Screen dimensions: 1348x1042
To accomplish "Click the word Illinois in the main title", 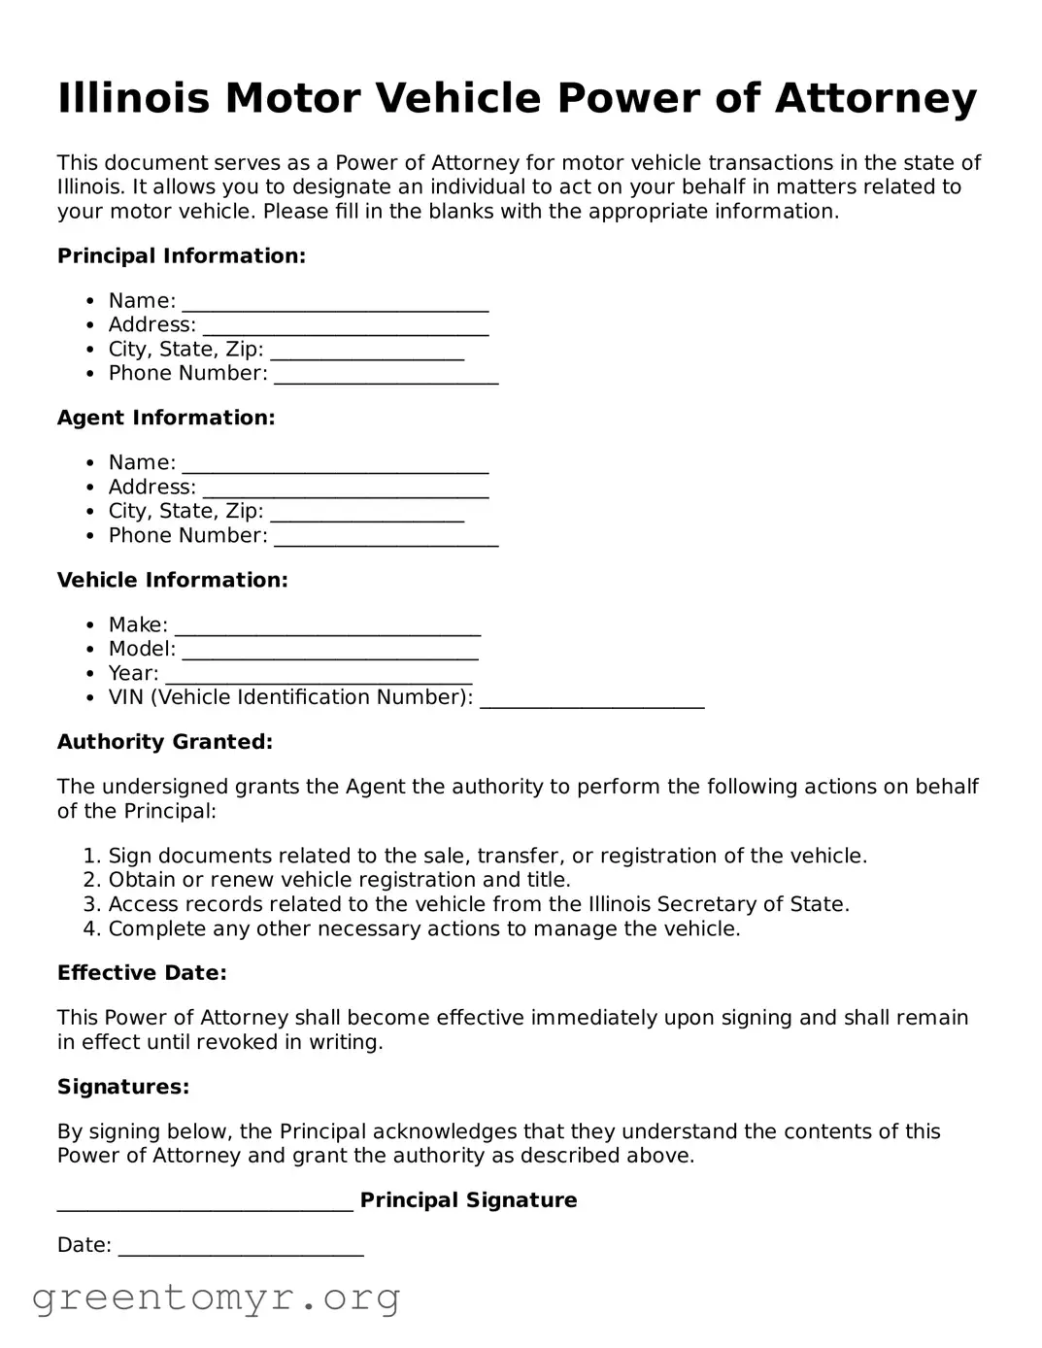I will pos(133,99).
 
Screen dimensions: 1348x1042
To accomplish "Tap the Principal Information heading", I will pos(182,256).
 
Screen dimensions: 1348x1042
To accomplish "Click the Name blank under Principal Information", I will pos(335,303).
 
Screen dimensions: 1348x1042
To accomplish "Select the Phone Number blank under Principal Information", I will pos(386,376).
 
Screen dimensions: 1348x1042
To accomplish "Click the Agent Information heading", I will pos(166,419).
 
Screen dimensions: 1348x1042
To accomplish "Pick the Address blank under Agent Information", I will pos(345,489).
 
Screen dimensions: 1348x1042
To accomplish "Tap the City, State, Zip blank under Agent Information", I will pos(367,514).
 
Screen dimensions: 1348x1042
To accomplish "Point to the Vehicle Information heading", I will pos(173,581).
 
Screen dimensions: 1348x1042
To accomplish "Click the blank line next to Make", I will pos(327,627).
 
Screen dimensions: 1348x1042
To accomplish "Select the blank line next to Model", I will pos(330,652).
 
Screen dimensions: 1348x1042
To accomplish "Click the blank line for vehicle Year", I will pos(319,676).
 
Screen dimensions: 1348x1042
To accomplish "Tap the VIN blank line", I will pos(592,700).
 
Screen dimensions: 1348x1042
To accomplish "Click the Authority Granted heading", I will pos(165,743).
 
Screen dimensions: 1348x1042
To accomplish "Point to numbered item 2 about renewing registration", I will pos(339,881).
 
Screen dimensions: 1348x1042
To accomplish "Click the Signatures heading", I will pos(123,1088).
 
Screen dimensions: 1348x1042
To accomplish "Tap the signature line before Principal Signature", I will pos(205,1202).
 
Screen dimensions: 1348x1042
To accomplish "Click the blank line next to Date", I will pos(241,1247).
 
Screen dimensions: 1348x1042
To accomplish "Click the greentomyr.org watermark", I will pos(217,1297).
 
